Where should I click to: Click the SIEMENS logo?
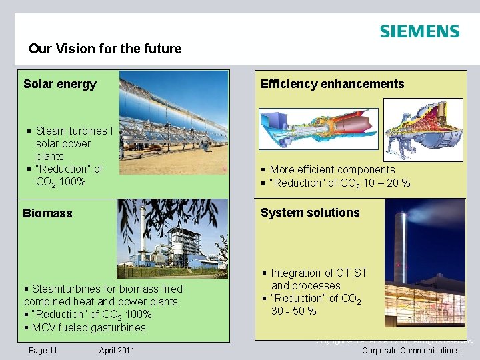(x=419, y=31)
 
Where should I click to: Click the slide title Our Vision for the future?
(x=105, y=49)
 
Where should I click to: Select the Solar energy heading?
(x=60, y=84)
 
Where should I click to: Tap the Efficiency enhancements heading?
(x=332, y=84)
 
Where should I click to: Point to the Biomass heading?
(x=47, y=213)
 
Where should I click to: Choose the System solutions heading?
(x=310, y=213)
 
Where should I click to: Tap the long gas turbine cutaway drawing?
(x=317, y=128)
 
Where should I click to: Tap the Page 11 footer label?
(x=43, y=350)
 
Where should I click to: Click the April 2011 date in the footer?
(x=117, y=350)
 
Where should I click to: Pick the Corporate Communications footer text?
(x=411, y=350)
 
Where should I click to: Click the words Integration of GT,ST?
(x=319, y=273)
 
